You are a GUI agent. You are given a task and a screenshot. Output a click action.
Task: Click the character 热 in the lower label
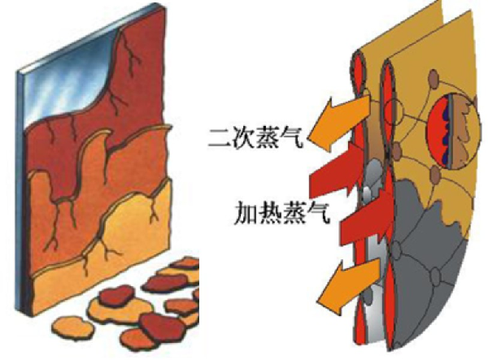[x=269, y=213]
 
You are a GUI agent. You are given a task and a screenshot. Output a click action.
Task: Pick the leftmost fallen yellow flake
[x=72, y=327]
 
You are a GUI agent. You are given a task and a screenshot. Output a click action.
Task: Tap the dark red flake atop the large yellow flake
[x=116, y=296]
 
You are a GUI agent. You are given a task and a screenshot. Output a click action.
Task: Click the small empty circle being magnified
[x=393, y=112]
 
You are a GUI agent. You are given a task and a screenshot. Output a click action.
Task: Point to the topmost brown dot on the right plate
[x=434, y=76]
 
